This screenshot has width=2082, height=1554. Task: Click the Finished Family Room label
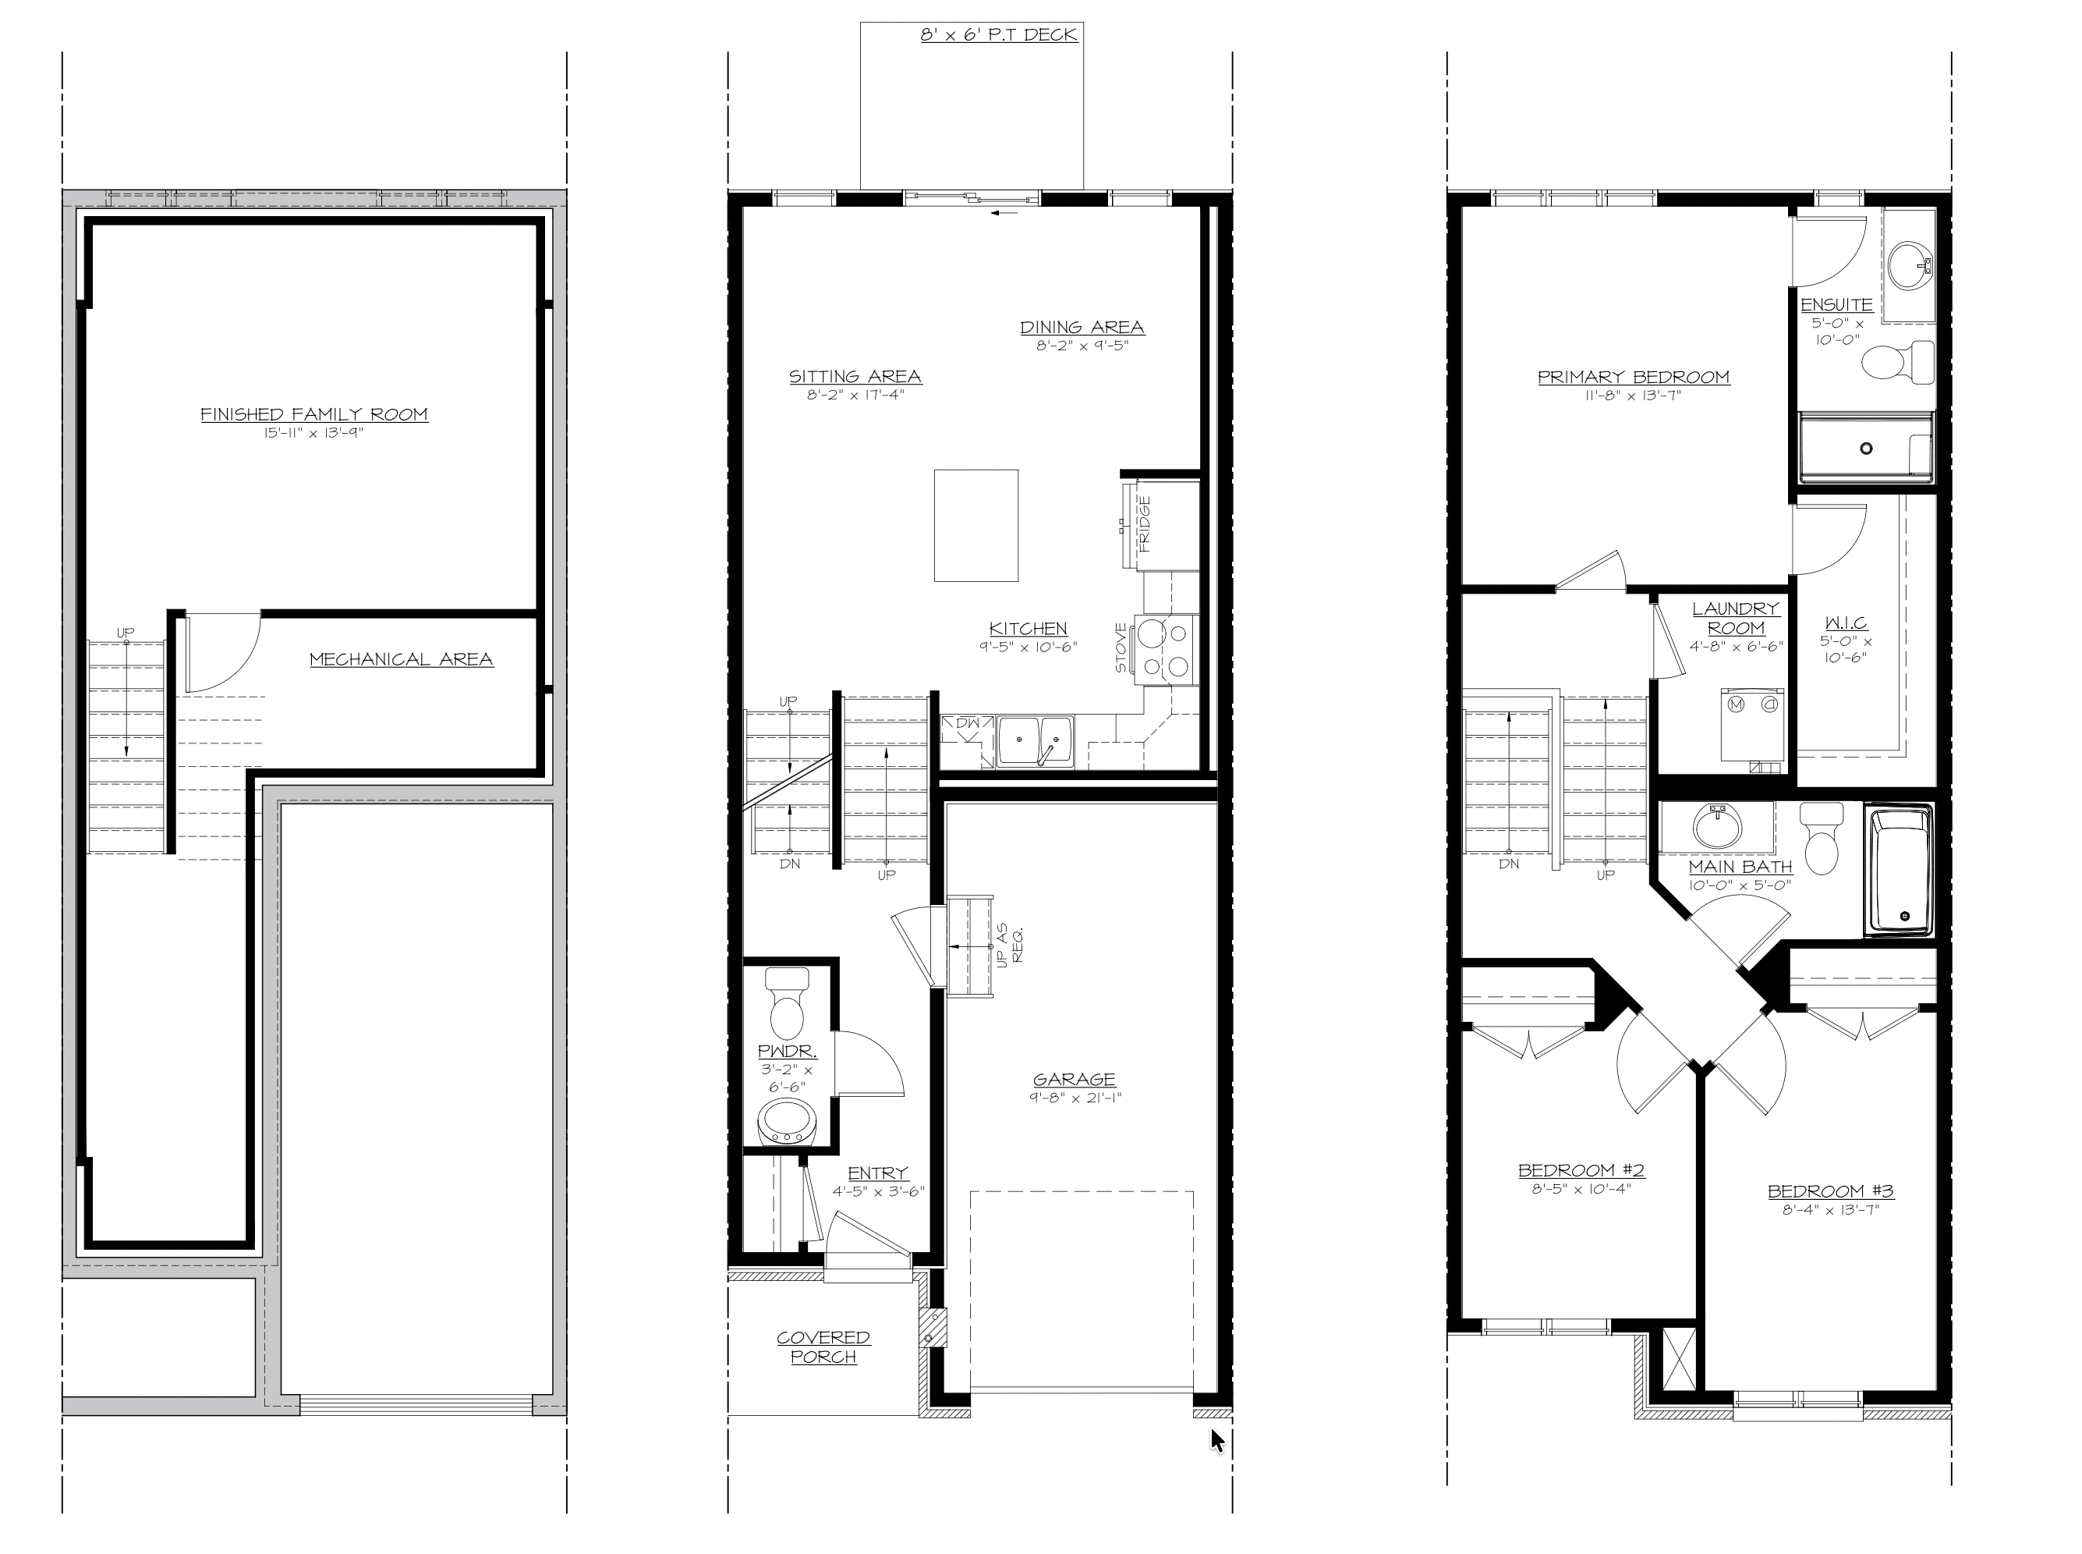coord(314,414)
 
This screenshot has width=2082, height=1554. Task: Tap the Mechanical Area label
coord(402,659)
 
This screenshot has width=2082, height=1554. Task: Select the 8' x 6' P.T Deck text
coord(999,35)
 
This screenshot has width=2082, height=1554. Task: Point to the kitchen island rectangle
coord(976,526)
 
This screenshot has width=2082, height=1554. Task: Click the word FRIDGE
coord(1145,524)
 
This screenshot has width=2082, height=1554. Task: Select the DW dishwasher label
coord(968,723)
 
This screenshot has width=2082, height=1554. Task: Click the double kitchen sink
coord(1036,740)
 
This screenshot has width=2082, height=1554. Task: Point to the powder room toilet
coord(787,1004)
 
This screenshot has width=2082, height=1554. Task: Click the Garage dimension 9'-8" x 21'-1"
coord(1075,1098)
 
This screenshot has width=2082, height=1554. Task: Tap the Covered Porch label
coord(823,1347)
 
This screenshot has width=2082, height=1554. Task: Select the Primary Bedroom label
coord(1634,378)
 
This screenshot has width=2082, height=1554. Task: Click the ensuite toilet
coord(1896,363)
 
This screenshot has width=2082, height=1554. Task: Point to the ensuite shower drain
coord(1867,449)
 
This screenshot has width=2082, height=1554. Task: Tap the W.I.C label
coord(1846,623)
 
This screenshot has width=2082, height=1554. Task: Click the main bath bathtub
coord(1900,870)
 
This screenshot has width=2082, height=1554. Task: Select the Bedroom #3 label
coord(1830,1192)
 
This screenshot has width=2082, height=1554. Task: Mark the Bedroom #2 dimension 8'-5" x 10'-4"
coord(1581,1189)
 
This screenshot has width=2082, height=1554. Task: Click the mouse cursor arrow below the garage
coord(1218,1440)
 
